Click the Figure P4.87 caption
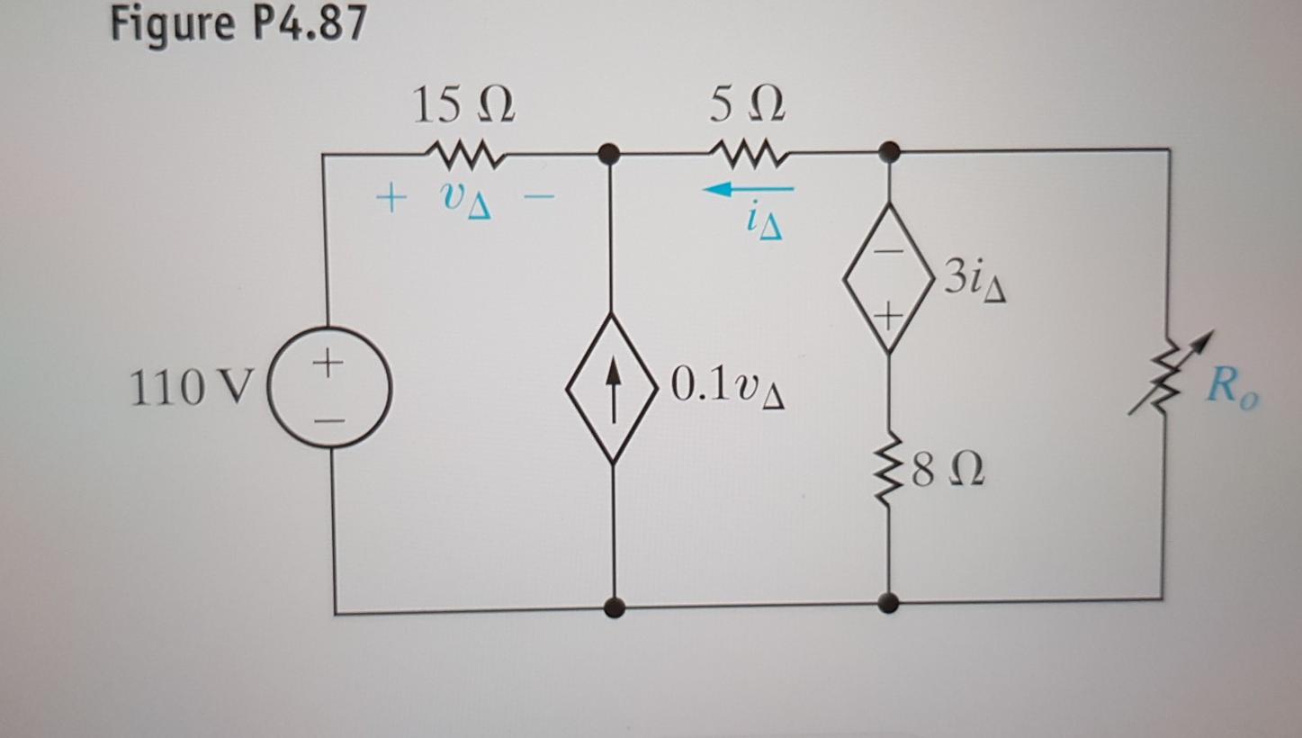click(x=238, y=24)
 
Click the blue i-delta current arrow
click(x=749, y=190)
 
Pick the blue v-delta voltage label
click(x=466, y=202)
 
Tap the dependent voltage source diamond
click(x=888, y=277)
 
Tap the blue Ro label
click(x=1232, y=388)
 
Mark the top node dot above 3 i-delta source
click(x=889, y=150)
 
